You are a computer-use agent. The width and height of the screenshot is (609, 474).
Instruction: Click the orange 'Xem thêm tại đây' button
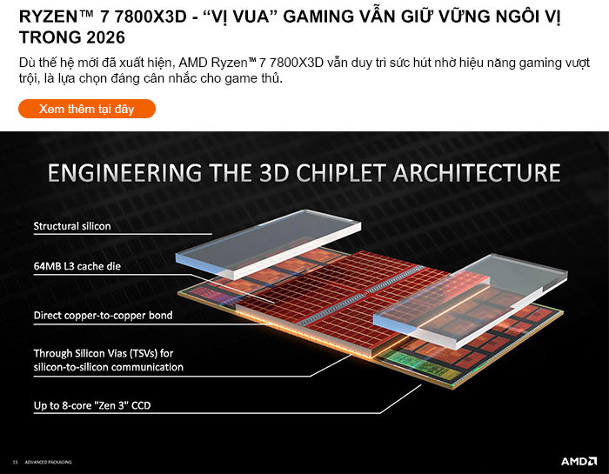[x=87, y=109]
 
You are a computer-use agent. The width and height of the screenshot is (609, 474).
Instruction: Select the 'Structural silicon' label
[x=72, y=226]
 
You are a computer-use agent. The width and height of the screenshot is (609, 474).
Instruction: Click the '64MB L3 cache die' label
[x=77, y=264]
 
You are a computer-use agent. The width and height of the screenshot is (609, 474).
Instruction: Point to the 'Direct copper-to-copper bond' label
[x=103, y=315]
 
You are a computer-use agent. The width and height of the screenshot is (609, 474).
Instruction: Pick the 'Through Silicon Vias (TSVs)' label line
[x=104, y=353]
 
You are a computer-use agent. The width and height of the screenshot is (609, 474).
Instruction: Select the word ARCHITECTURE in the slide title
[x=477, y=172]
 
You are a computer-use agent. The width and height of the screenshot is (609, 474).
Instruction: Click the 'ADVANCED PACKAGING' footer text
[x=48, y=461]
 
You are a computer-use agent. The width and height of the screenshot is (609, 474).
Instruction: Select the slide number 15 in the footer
[x=15, y=461]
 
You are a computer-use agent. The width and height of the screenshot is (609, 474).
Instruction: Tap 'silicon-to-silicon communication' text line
[x=108, y=367]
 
